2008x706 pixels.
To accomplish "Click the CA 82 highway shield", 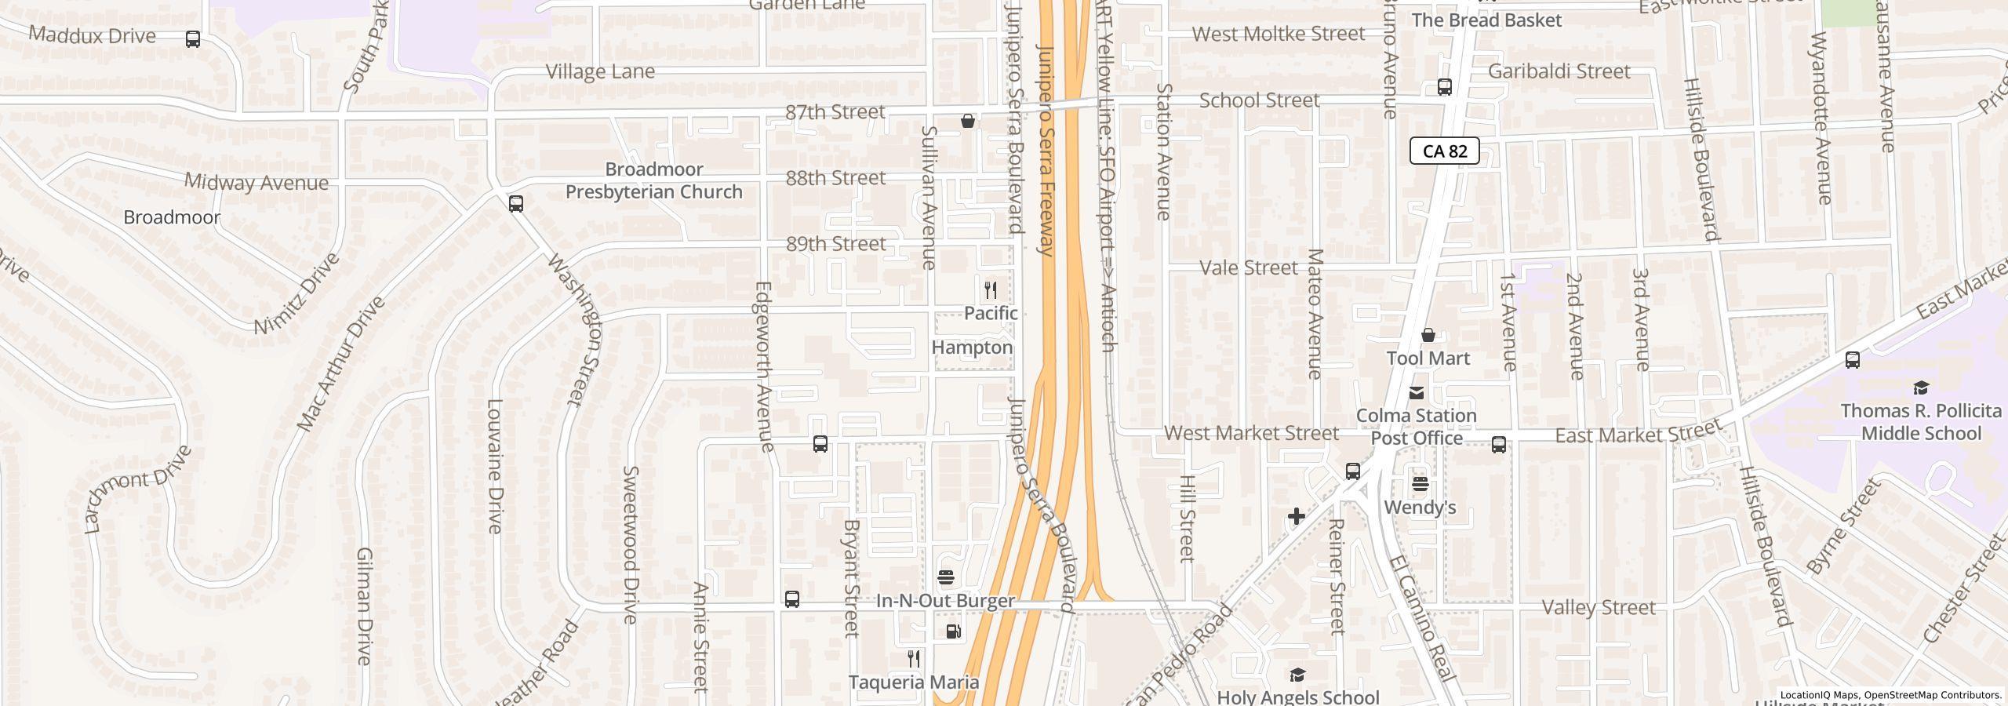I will point(1444,151).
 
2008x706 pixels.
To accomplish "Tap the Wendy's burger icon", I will point(1420,484).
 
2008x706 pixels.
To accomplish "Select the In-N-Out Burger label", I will point(945,601).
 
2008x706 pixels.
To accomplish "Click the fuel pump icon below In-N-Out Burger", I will point(953,631).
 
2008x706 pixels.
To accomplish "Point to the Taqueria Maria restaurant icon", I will point(913,658).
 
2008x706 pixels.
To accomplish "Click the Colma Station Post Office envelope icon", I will point(1417,392).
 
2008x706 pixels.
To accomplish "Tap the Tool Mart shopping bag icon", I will point(1428,335).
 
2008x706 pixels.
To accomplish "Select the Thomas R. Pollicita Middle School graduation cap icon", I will point(1920,388).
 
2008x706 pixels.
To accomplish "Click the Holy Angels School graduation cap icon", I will point(1297,675).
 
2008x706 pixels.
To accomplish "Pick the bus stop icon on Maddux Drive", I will point(193,39).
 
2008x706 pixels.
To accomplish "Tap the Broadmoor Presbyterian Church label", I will point(653,180).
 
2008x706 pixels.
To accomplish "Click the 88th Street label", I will point(835,178).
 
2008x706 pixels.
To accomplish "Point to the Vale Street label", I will point(1249,268).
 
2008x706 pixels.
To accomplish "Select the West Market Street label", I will point(1251,433).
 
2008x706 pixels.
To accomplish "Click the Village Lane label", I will point(600,71).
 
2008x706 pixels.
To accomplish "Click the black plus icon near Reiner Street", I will point(1296,516).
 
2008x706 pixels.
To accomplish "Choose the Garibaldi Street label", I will point(1559,71).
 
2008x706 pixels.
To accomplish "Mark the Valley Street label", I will point(1598,608).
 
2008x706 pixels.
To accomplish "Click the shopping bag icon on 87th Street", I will point(968,121).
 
